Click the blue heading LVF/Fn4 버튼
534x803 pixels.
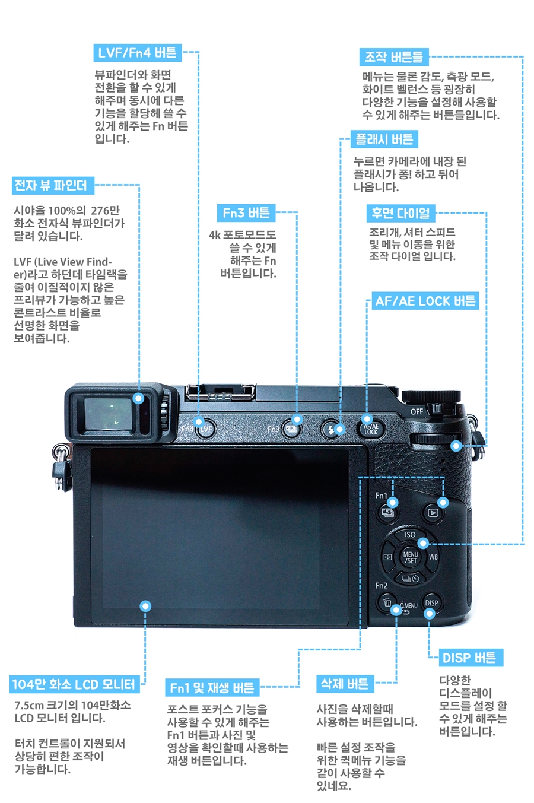click(x=138, y=53)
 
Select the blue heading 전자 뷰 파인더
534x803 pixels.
click(x=53, y=185)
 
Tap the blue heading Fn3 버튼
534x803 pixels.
click(x=246, y=213)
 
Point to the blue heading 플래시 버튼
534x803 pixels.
click(x=384, y=139)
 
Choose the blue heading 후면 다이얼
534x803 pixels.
click(x=401, y=213)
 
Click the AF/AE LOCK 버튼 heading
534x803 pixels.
click(x=425, y=301)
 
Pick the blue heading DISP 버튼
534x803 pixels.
click(x=471, y=658)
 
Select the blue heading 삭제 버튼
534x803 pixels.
click(x=345, y=684)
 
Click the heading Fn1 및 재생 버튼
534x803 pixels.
click(x=212, y=688)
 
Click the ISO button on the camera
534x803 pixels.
click(x=411, y=535)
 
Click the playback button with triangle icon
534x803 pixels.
click(x=433, y=513)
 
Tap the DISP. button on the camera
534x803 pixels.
click(x=432, y=603)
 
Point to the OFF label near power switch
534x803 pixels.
click(x=417, y=411)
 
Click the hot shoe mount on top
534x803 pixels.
click(x=220, y=392)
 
